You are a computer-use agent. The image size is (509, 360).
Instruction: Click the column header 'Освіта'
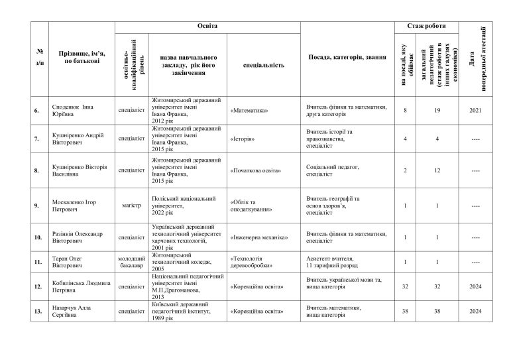(x=207, y=26)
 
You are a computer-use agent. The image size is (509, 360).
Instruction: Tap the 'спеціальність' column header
(x=264, y=66)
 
